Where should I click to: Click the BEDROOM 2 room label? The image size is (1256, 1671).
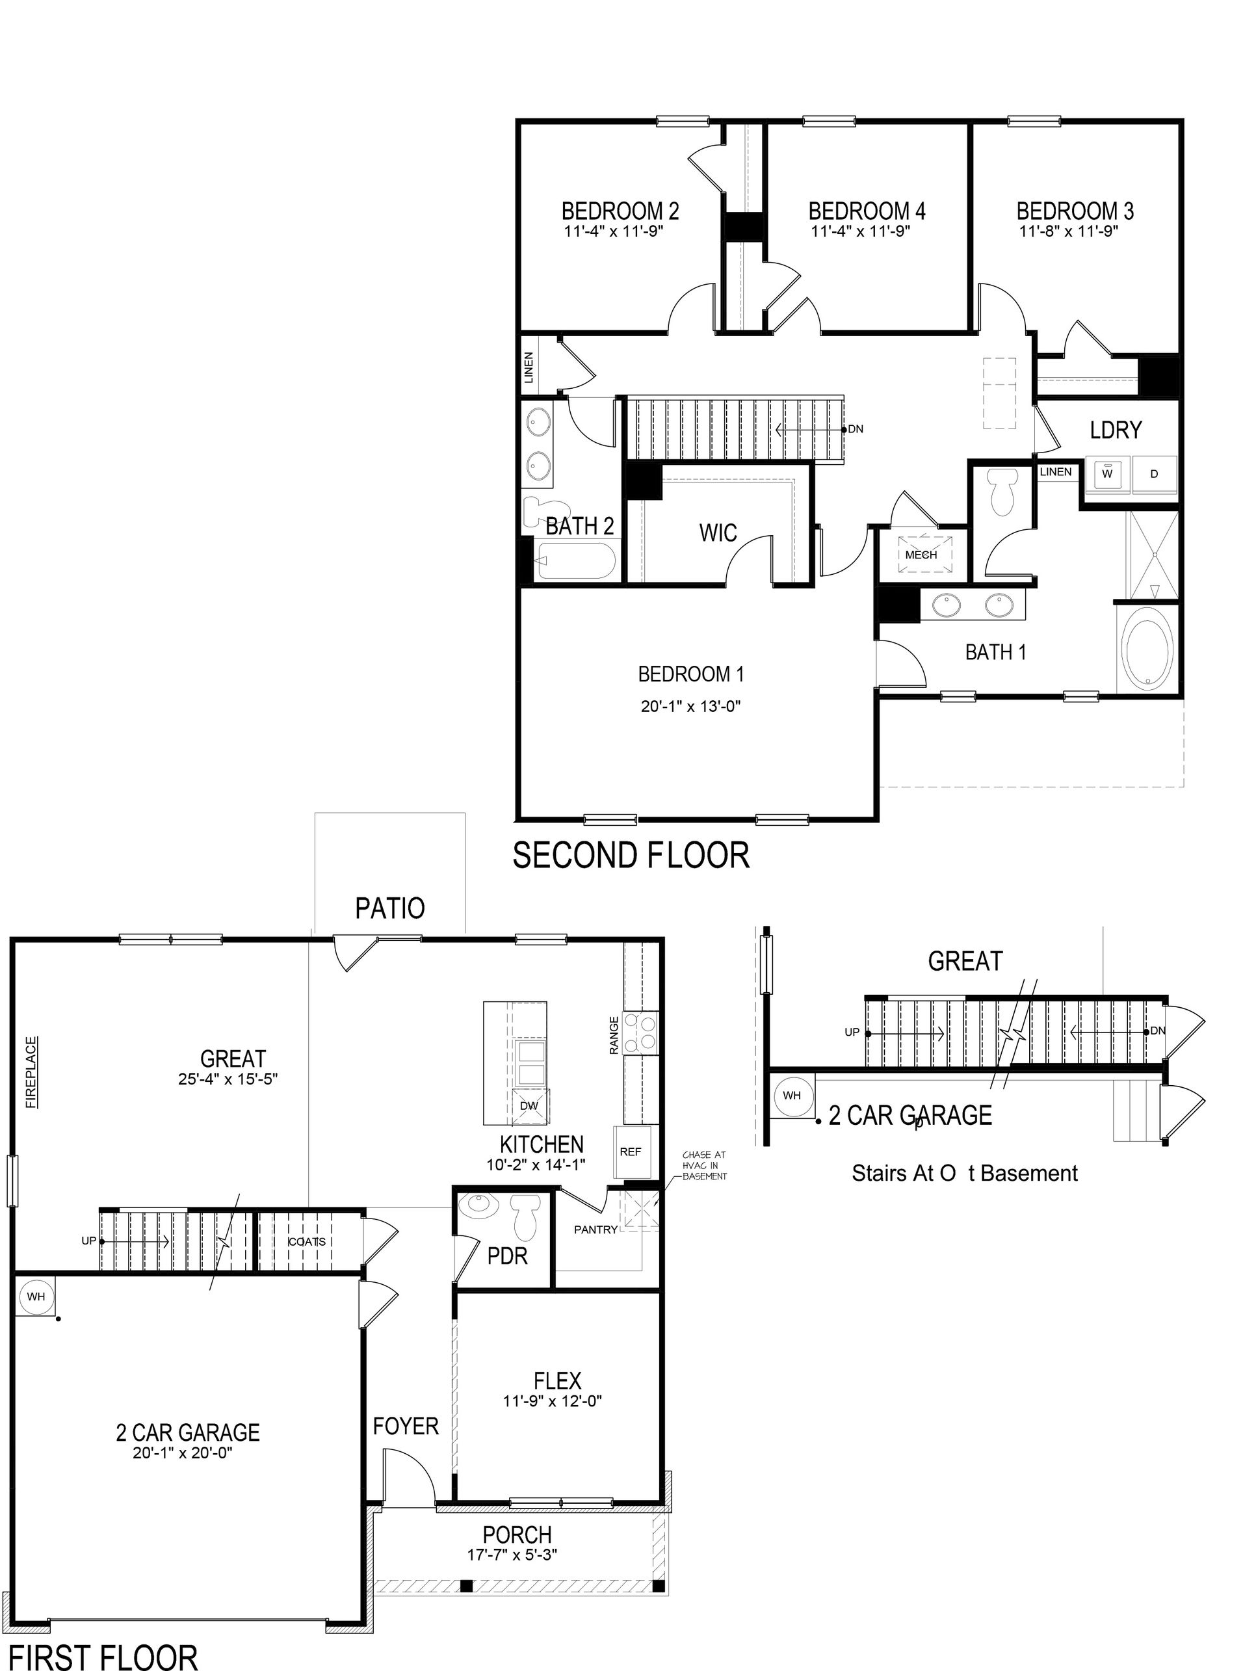pyautogui.click(x=620, y=211)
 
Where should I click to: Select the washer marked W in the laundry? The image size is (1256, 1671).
pyautogui.click(x=1107, y=473)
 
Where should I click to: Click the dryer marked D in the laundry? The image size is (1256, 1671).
pyautogui.click(x=1153, y=473)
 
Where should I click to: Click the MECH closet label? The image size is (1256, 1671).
pyautogui.click(x=921, y=555)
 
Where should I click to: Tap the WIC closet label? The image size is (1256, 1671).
pyautogui.click(x=718, y=533)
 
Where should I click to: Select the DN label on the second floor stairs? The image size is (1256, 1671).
pyautogui.click(x=855, y=429)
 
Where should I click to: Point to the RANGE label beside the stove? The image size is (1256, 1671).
pyautogui.click(x=614, y=1035)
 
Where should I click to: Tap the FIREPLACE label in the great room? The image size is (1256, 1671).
pyautogui.click(x=32, y=1072)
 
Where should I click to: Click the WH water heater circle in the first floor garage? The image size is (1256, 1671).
pyautogui.click(x=36, y=1296)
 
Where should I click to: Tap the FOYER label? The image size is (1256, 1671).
pyautogui.click(x=406, y=1427)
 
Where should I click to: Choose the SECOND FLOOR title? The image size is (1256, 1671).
pyautogui.click(x=631, y=855)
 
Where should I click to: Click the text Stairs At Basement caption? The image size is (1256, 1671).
pyautogui.click(x=965, y=1173)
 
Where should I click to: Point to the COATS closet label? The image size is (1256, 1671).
pyautogui.click(x=307, y=1241)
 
